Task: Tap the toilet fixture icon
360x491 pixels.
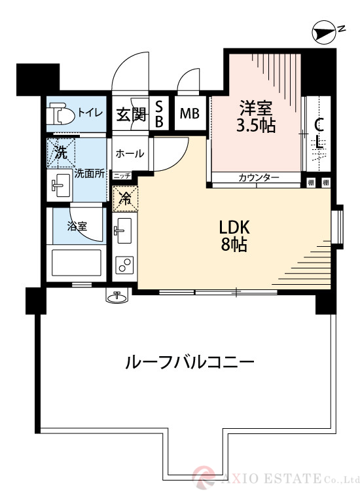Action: point(62,115)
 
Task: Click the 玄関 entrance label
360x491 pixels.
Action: point(130,115)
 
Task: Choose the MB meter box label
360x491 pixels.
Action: point(190,115)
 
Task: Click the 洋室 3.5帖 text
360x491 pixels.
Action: point(255,115)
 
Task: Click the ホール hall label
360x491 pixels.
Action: point(130,153)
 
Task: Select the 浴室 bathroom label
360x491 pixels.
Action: point(77,227)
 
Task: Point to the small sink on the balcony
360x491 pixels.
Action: point(118,297)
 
